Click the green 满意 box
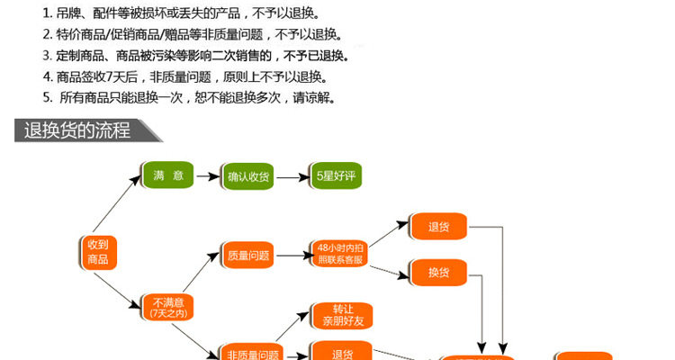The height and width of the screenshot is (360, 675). (x=168, y=175)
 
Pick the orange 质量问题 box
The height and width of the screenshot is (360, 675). (x=248, y=256)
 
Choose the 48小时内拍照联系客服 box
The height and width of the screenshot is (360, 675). (x=340, y=253)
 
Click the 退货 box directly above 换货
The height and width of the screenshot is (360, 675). (x=438, y=227)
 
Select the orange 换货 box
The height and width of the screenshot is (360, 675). (x=438, y=271)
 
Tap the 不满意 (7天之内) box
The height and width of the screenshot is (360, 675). (x=168, y=308)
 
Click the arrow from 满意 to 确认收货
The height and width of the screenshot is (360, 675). (x=208, y=176)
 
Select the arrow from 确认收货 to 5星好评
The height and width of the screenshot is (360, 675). (x=291, y=176)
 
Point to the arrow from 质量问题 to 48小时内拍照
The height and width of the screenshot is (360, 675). (x=291, y=256)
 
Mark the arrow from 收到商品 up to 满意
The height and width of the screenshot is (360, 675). (x=118, y=209)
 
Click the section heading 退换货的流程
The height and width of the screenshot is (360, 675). (x=77, y=130)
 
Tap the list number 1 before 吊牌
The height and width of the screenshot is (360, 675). (x=46, y=14)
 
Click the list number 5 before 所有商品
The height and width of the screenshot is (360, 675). (x=46, y=97)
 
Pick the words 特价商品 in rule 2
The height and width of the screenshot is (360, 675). (x=80, y=35)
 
